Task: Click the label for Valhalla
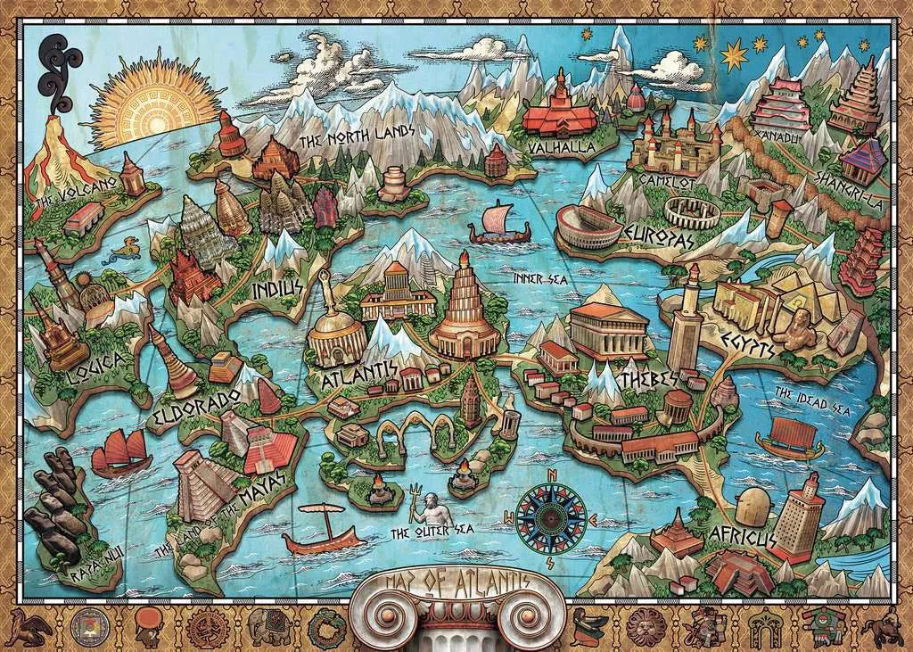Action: click(561, 146)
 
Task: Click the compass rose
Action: click(551, 516)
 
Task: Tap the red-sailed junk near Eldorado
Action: click(121, 450)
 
